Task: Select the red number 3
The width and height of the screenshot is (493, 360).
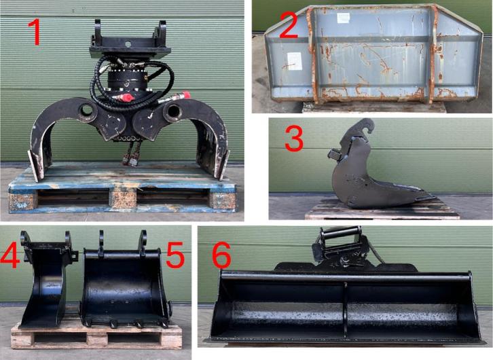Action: [x=294, y=139]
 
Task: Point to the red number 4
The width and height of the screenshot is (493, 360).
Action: [x=10, y=255]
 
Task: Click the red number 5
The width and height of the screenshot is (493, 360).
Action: [x=175, y=255]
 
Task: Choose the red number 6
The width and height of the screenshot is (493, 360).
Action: [x=222, y=255]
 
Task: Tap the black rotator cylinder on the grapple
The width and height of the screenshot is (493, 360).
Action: [x=128, y=80]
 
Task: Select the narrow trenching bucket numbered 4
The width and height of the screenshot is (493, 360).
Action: [x=47, y=280]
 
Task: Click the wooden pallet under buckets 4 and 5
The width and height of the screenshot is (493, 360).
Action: [x=96, y=337]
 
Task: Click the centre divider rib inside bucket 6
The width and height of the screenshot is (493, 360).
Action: [x=345, y=310]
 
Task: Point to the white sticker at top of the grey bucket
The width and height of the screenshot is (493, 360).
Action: [x=343, y=18]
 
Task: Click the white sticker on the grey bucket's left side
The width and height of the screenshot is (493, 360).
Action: [x=295, y=61]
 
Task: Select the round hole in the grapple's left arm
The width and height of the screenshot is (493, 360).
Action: [x=86, y=111]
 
